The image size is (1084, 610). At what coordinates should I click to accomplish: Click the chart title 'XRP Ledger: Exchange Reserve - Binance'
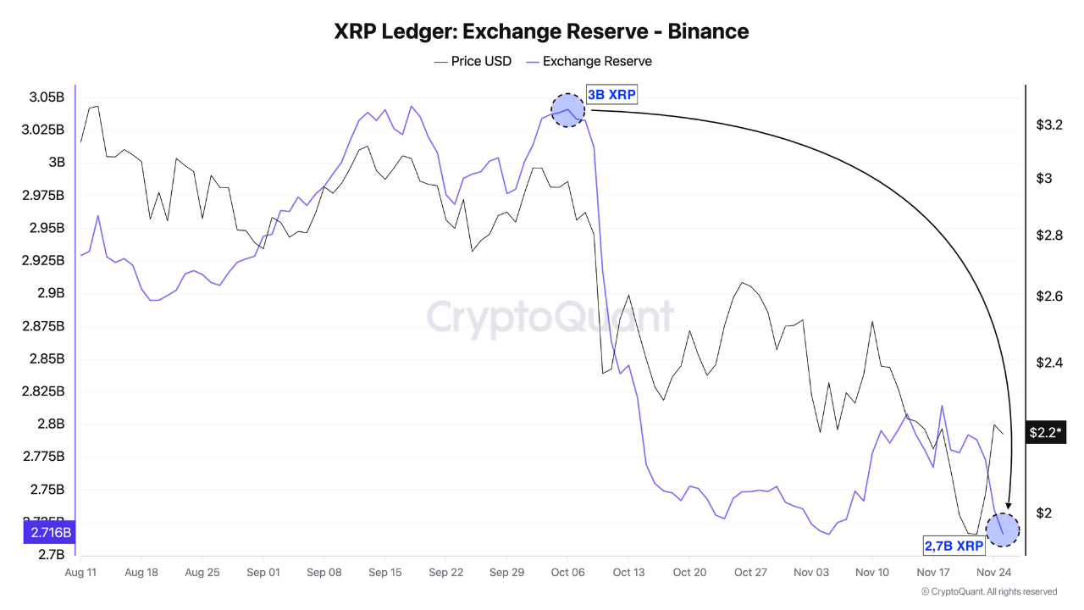(541, 31)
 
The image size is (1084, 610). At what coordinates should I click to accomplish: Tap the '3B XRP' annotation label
(611, 95)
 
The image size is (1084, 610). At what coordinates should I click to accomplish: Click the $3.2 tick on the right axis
(1049, 125)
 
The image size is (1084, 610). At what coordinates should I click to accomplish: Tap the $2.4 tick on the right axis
(1049, 363)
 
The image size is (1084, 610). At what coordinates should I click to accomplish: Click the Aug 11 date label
(80, 573)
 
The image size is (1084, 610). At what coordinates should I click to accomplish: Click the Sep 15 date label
(384, 573)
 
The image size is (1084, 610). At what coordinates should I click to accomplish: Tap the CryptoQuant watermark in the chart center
(550, 318)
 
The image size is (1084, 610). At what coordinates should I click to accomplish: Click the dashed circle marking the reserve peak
(568, 110)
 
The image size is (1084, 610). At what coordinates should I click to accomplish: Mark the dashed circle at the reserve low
(1004, 530)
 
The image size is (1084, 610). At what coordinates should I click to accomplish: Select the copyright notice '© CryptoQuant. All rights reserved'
(988, 591)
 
